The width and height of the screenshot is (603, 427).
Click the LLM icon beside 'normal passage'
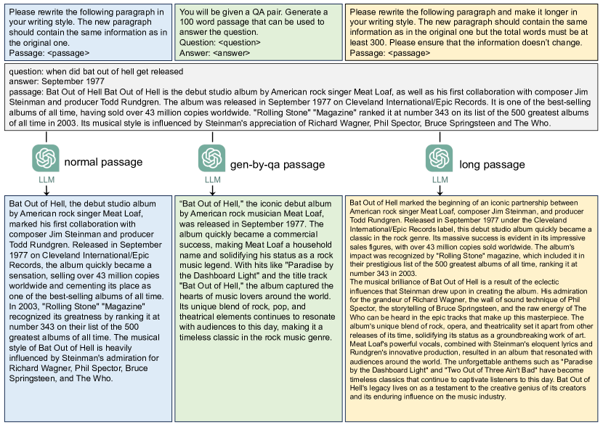pos(46,158)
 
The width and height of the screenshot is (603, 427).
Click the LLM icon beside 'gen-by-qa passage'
pos(212,158)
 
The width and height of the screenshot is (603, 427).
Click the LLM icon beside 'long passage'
pos(440,158)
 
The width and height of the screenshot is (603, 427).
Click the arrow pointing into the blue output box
pos(46,190)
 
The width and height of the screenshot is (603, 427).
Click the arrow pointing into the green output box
pos(212,190)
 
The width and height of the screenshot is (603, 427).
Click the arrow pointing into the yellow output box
pos(440,190)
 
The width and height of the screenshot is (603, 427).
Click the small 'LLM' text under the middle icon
pos(212,179)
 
